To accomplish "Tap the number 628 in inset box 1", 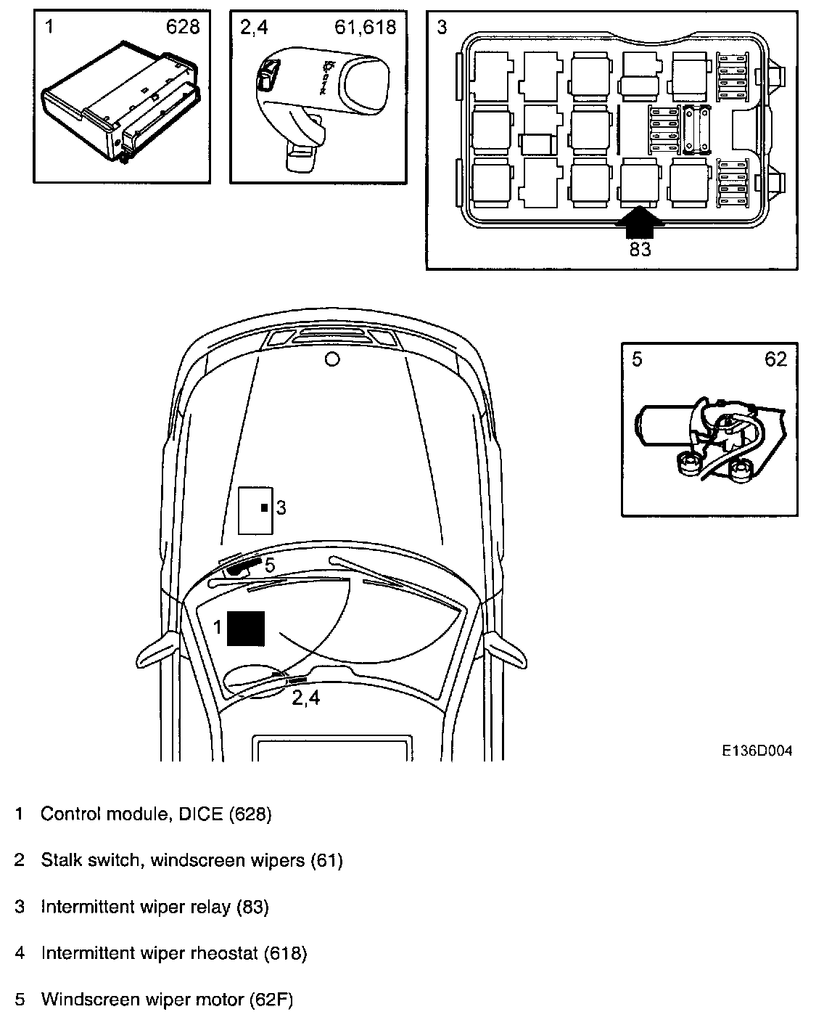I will click(x=183, y=28).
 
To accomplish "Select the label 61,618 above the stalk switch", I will click(x=366, y=28).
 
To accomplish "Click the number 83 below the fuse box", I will click(x=640, y=249).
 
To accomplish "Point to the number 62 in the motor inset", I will click(x=775, y=359).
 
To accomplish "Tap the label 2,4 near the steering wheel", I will click(x=306, y=698).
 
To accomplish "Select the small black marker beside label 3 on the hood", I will click(x=265, y=507).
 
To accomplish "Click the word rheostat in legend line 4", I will click(x=226, y=953).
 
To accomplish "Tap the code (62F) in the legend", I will click(x=271, y=1000).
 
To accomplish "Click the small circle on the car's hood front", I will click(x=332, y=359).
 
